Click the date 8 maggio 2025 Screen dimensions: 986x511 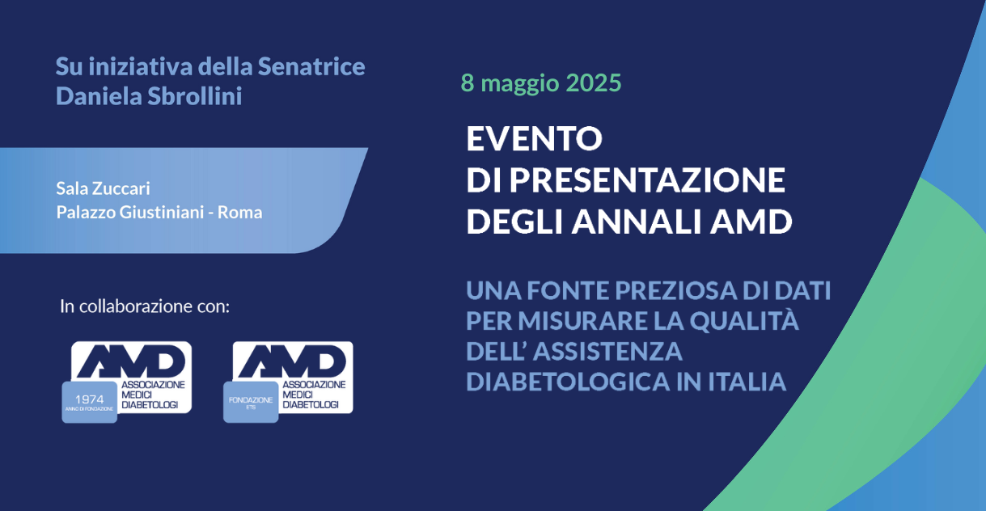click(541, 83)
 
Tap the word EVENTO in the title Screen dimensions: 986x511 click(534, 138)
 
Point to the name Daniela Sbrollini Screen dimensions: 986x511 click(149, 96)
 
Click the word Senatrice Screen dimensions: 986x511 click(311, 66)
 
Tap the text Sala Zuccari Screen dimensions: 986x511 click(103, 188)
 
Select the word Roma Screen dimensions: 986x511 click(240, 213)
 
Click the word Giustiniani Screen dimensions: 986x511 click(162, 213)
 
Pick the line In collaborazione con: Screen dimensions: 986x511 click(145, 306)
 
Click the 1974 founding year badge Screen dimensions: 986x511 click(89, 402)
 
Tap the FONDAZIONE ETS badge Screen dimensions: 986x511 click(251, 402)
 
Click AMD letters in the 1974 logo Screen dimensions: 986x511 click(131, 361)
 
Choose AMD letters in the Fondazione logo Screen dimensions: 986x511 click(292, 361)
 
